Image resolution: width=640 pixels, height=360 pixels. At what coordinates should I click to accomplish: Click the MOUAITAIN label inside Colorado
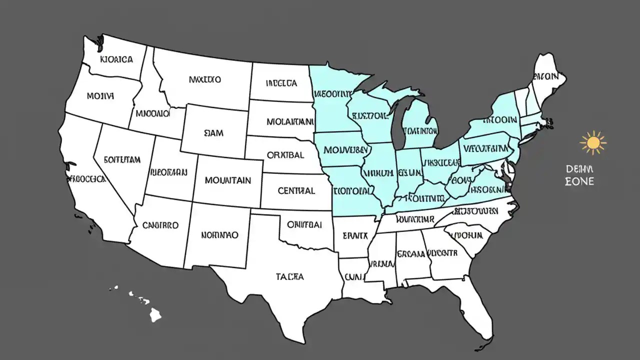point(227,180)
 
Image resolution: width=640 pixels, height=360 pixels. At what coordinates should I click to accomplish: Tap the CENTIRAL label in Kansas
point(296,190)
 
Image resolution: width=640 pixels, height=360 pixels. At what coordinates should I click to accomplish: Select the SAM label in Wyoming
point(214,133)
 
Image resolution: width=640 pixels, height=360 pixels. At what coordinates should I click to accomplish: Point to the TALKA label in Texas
point(289,276)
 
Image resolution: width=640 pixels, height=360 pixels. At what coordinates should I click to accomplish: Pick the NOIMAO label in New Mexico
point(219,234)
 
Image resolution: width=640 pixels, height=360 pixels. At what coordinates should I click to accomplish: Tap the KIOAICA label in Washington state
point(116,59)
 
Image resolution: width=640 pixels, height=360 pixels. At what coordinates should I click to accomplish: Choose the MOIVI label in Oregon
point(100,95)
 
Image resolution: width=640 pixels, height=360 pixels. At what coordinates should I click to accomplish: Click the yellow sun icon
point(593,143)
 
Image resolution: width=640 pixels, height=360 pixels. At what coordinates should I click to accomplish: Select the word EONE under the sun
point(579,181)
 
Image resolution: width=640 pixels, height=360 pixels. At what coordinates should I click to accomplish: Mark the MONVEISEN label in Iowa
point(345,149)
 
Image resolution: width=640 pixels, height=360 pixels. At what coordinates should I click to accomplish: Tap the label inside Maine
point(545,77)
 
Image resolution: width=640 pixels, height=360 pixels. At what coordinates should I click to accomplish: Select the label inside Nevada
point(122,159)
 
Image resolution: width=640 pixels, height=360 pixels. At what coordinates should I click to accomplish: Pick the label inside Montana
point(205,79)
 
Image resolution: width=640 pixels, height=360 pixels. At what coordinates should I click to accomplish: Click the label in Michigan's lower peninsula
point(420,131)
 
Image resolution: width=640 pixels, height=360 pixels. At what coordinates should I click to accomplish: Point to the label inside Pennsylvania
point(485,148)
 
